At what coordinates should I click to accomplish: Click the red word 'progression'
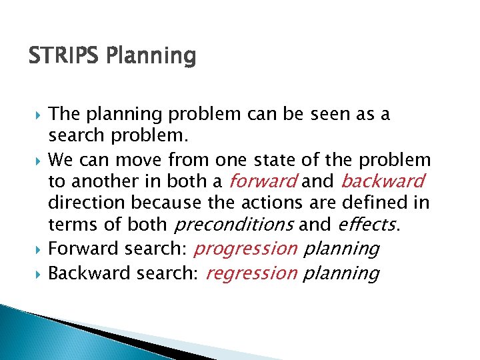[x=245, y=249]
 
